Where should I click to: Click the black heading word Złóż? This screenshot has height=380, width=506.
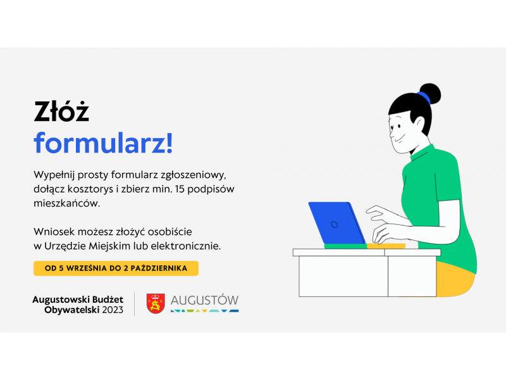(x=61, y=111)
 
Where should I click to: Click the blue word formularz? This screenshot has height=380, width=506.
(x=103, y=143)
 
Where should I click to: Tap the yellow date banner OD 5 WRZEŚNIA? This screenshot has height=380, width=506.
(x=116, y=268)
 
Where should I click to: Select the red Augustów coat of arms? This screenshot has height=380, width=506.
(x=156, y=303)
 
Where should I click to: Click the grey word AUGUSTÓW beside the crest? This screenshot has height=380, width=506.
(x=204, y=300)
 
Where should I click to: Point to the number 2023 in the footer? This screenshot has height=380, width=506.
(x=113, y=310)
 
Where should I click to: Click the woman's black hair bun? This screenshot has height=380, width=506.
(x=429, y=94)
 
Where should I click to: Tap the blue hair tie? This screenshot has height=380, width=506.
(x=424, y=98)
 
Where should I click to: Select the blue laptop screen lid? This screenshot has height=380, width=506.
(x=337, y=223)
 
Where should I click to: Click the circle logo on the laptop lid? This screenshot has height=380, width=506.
(x=335, y=225)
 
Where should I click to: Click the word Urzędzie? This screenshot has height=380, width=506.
(x=65, y=246)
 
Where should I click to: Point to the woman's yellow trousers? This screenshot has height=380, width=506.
(x=455, y=279)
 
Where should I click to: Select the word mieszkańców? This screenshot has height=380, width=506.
(x=67, y=203)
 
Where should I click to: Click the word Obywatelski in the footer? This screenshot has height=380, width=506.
(x=72, y=310)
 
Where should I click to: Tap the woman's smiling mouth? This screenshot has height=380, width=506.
(x=398, y=140)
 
